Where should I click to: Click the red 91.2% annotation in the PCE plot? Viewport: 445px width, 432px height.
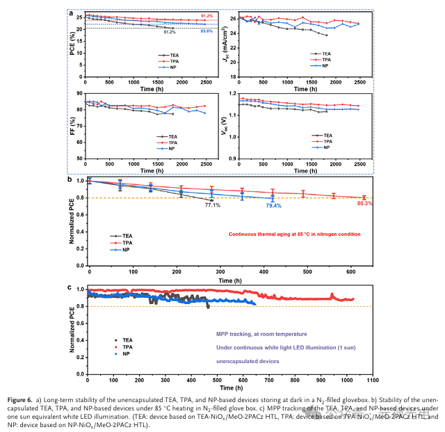point(207,15)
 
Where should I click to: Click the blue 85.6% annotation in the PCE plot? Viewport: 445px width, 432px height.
point(207,31)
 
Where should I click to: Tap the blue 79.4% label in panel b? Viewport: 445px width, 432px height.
point(273,206)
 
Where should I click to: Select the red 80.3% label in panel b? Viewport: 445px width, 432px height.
point(364,204)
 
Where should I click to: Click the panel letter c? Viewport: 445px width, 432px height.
point(70,287)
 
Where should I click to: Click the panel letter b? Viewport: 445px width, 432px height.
point(70,179)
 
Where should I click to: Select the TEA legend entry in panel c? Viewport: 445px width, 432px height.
point(127,340)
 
